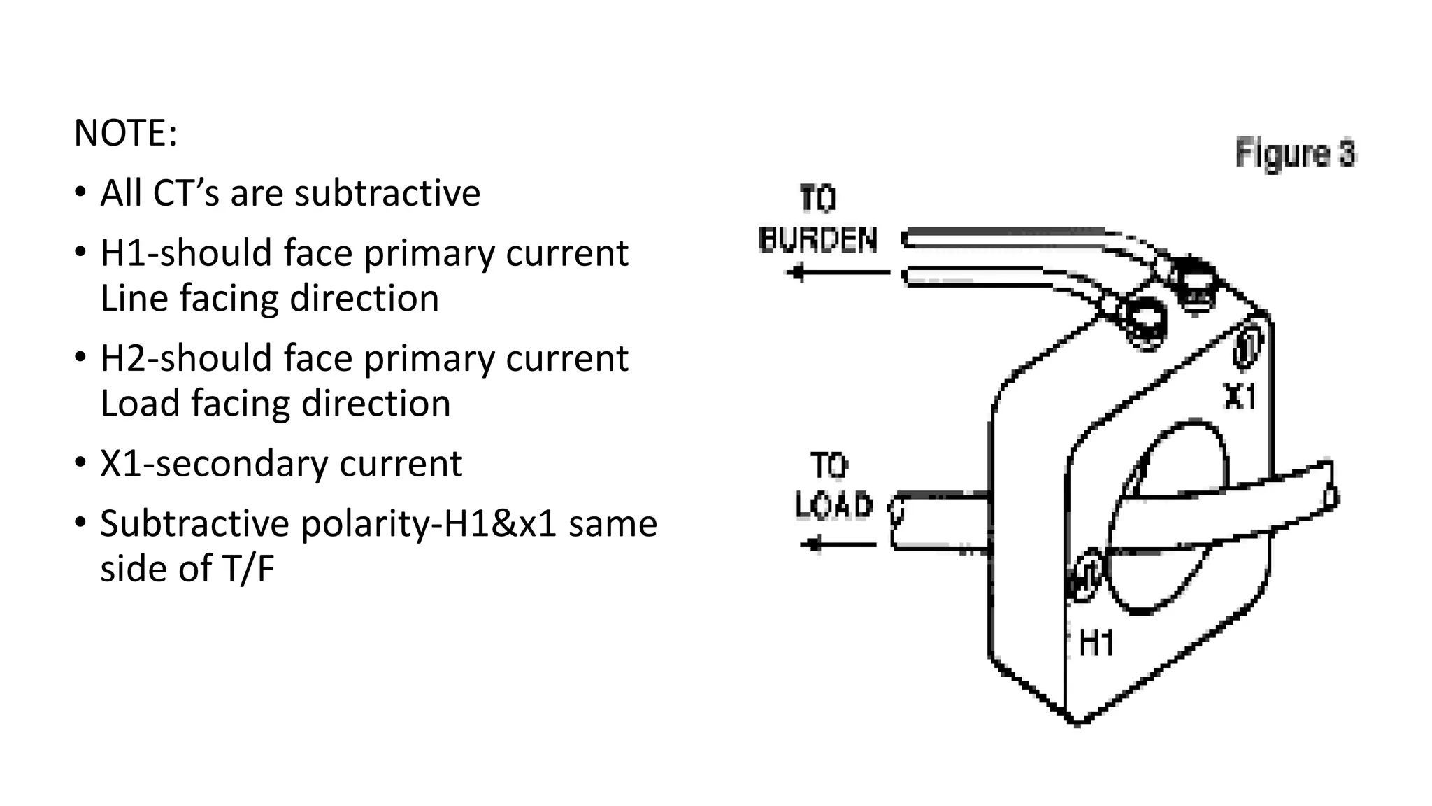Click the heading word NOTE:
tap(125, 133)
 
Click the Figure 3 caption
tap(1295, 153)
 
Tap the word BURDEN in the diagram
tap(817, 240)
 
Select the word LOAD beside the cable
tap(834, 505)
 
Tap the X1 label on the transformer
tap(1240, 396)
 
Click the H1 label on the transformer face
tap(1096, 642)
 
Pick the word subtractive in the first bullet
tap(387, 193)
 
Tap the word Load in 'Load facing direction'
tap(140, 404)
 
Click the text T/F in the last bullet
tap(248, 568)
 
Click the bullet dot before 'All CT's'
tap(80, 192)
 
